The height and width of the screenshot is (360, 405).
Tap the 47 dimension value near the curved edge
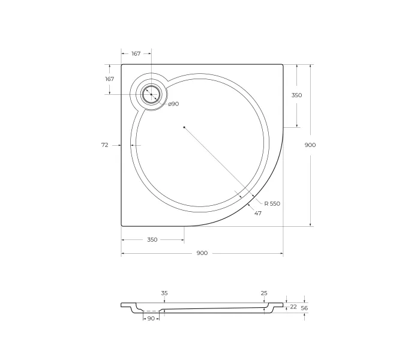tap(258, 214)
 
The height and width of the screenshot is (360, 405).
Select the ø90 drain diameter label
tap(173, 104)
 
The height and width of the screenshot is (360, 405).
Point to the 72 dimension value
tap(105, 145)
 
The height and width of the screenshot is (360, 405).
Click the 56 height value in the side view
tap(305, 308)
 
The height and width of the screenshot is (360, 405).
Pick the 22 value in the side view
tap(293, 307)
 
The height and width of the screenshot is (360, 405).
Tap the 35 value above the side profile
tap(164, 293)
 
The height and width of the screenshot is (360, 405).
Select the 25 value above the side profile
tap(264, 293)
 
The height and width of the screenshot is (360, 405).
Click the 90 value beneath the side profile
tap(151, 319)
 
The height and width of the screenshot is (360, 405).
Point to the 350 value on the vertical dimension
tap(296, 95)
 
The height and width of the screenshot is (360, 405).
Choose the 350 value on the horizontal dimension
tap(152, 240)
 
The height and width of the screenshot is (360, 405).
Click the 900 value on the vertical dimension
tap(310, 145)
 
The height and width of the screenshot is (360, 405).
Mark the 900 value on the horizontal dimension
tap(202, 253)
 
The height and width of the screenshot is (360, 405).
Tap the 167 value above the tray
tap(136, 54)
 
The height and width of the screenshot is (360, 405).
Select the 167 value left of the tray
tap(109, 79)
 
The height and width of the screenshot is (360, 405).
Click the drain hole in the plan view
tap(151, 94)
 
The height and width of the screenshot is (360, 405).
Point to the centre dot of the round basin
tap(184, 127)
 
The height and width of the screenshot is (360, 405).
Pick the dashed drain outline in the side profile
tap(151, 311)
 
